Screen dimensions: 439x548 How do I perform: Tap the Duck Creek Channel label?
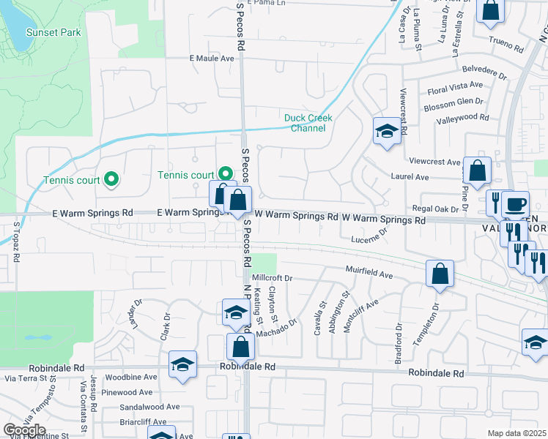click(x=308, y=123)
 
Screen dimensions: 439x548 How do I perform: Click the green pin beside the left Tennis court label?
click(x=111, y=178)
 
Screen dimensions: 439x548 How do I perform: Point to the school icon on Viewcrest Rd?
click(x=386, y=132)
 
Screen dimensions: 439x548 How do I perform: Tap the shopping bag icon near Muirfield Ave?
click(x=440, y=274)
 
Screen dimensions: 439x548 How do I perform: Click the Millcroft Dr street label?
click(x=272, y=279)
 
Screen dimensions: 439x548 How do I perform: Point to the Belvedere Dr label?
click(x=485, y=73)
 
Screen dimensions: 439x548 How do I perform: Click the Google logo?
click(x=24, y=429)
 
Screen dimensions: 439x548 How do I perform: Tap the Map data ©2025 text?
click(x=516, y=433)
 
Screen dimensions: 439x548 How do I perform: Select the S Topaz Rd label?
click(x=15, y=241)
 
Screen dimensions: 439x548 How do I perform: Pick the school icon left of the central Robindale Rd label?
click(x=182, y=366)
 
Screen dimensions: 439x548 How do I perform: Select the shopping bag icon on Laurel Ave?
click(x=477, y=171)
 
